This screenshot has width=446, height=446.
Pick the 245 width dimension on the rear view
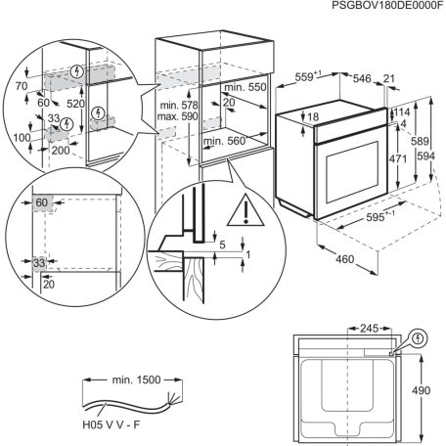(368, 330)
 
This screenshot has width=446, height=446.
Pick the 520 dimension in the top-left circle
(74, 101)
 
